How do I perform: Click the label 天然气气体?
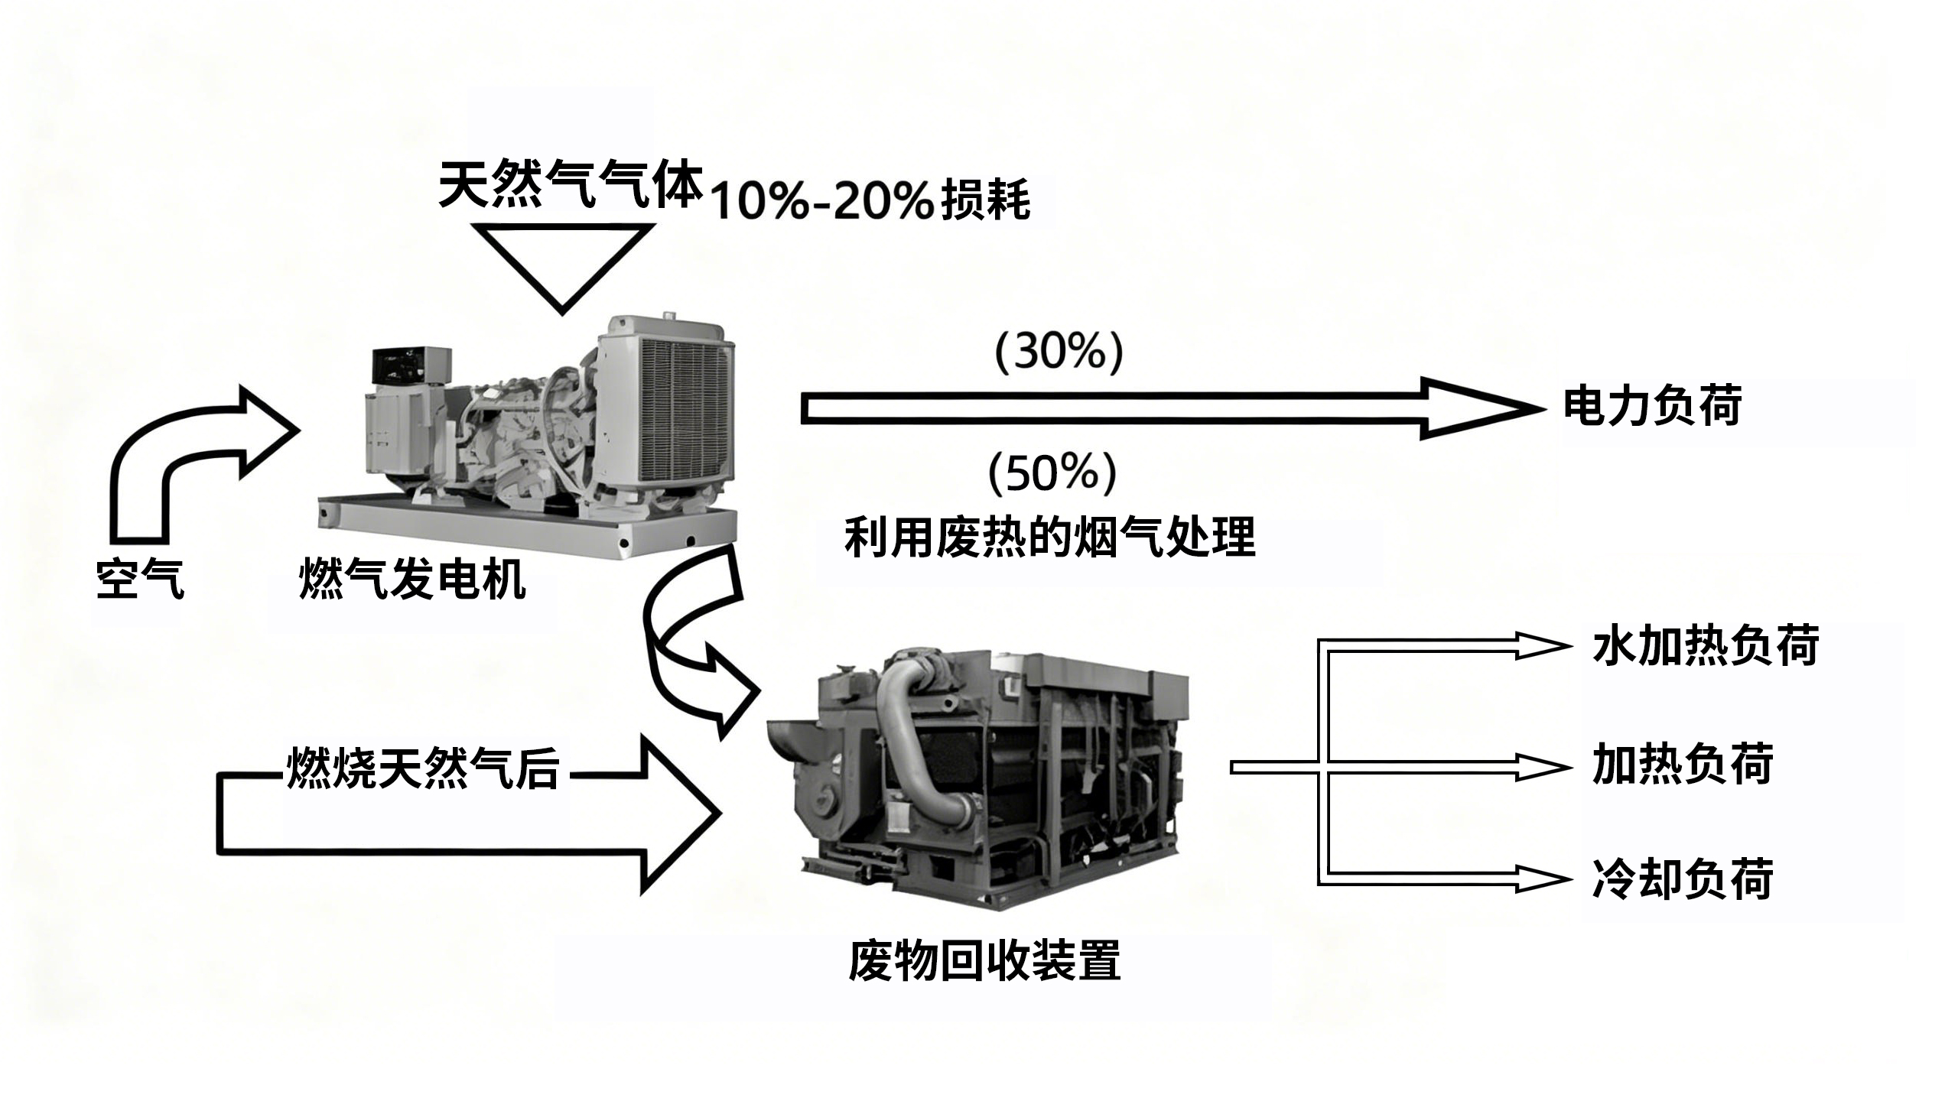pos(570,185)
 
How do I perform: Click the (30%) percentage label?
pos(1059,352)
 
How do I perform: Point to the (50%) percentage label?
pos(1052,473)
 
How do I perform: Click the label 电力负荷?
pos(1652,405)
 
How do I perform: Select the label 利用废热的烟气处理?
pos(1049,538)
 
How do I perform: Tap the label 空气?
pos(140,579)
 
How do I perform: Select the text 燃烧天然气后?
pos(422,767)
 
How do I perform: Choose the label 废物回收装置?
pos(984,960)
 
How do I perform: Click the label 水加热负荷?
pos(1706,646)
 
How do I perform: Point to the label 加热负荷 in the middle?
pos(1683,765)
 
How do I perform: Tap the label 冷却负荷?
pos(1683,879)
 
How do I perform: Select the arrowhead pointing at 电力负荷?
pos(1480,408)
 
